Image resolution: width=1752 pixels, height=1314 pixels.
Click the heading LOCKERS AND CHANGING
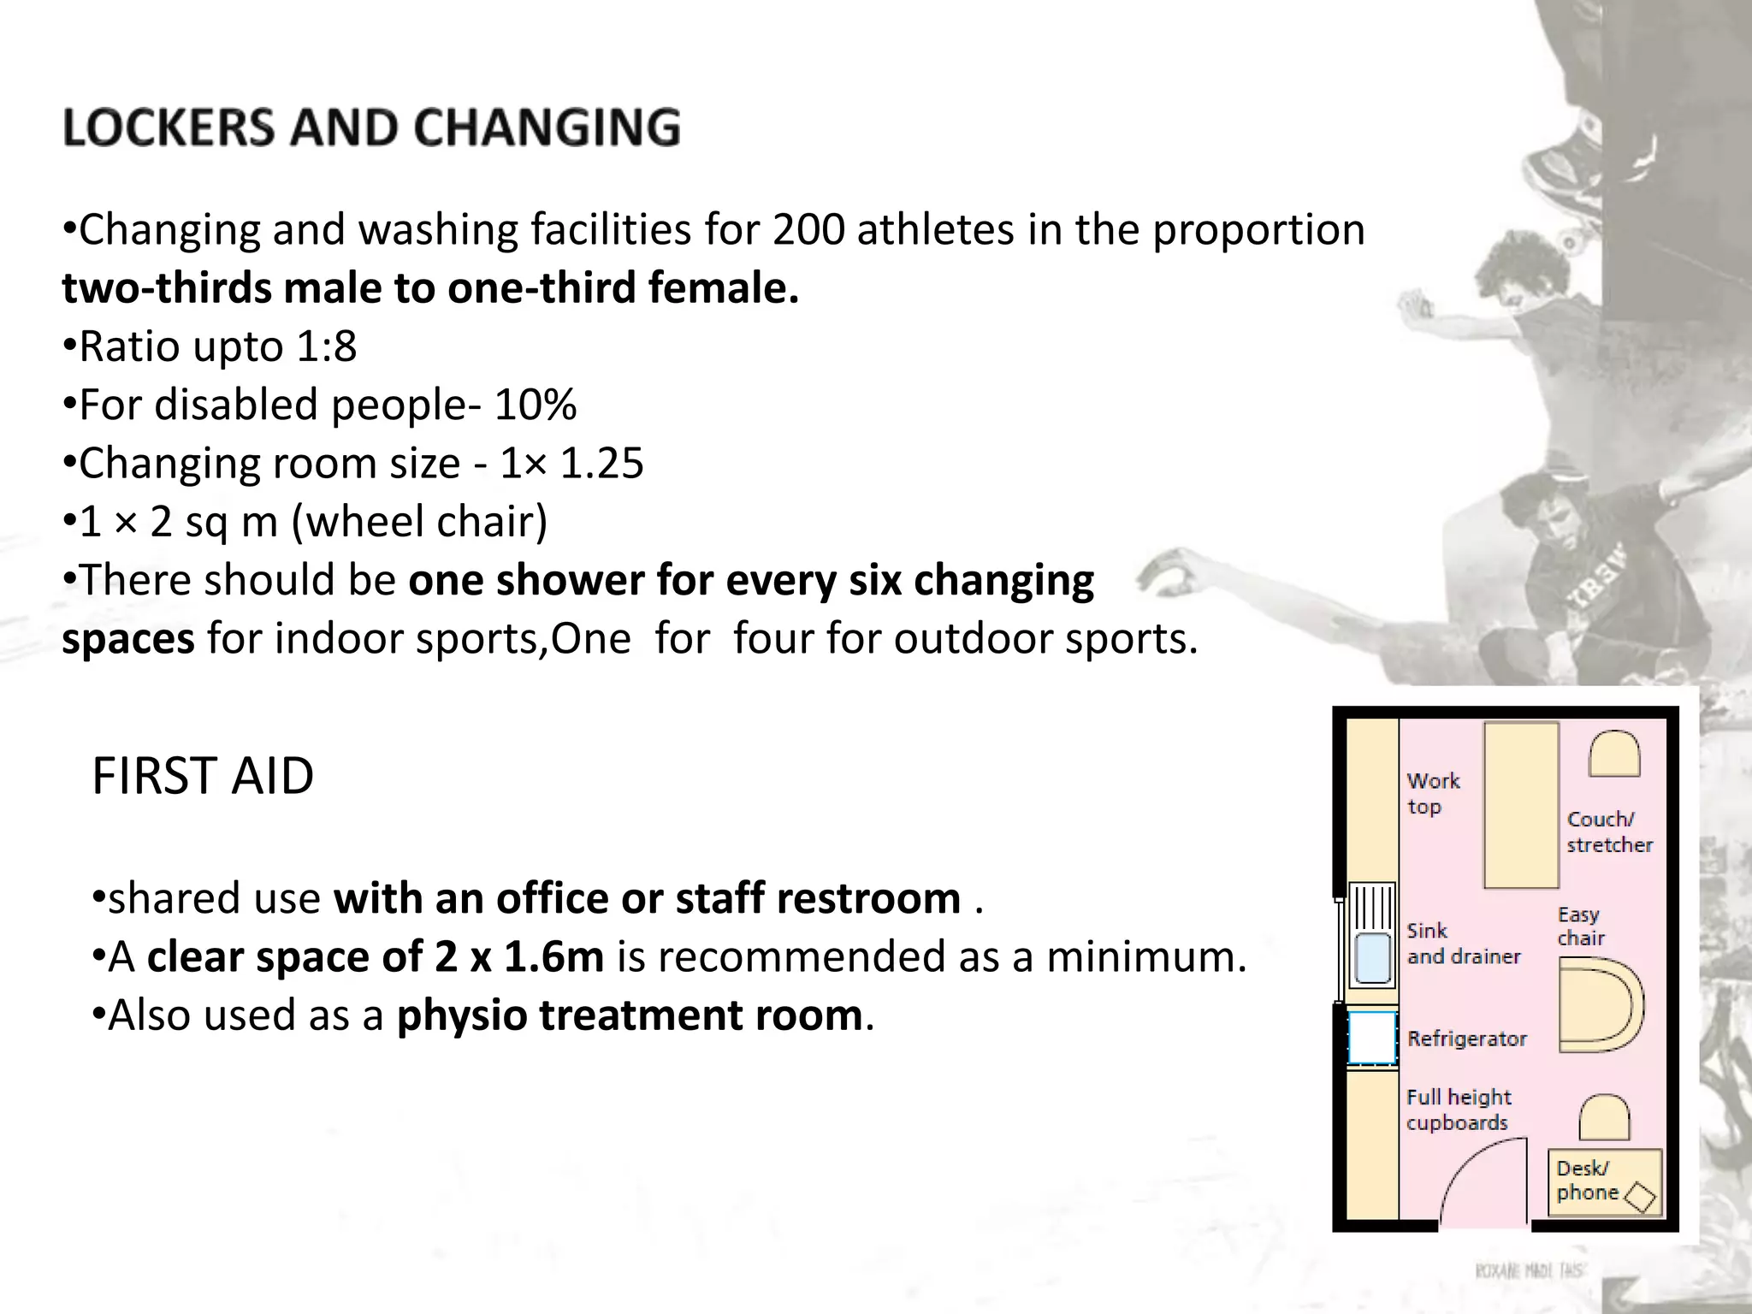tap(371, 128)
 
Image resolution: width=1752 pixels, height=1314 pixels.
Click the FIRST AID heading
tap(203, 777)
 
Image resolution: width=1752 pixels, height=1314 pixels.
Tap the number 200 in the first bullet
tap(808, 230)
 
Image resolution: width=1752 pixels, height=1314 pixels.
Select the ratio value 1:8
tap(326, 347)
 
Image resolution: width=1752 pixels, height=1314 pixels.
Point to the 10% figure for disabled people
tap(535, 405)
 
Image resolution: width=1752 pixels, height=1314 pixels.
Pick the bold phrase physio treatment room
tap(630, 1015)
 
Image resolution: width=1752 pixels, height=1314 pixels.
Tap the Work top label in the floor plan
tap(1433, 794)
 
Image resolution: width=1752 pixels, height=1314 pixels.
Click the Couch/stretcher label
tap(1609, 832)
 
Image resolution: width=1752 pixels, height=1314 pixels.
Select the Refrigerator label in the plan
tap(1467, 1039)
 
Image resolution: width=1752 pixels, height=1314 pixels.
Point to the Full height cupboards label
tap(1459, 1110)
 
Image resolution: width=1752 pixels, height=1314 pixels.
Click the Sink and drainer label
tap(1463, 944)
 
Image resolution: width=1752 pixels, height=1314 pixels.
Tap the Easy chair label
tap(1579, 926)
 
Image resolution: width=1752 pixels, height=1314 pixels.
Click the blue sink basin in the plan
tap(1373, 957)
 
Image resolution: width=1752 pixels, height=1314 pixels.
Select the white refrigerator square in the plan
tap(1372, 1038)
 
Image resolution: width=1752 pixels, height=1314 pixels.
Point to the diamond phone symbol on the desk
tap(1640, 1197)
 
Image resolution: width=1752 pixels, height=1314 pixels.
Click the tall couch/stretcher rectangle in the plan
tap(1521, 805)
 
